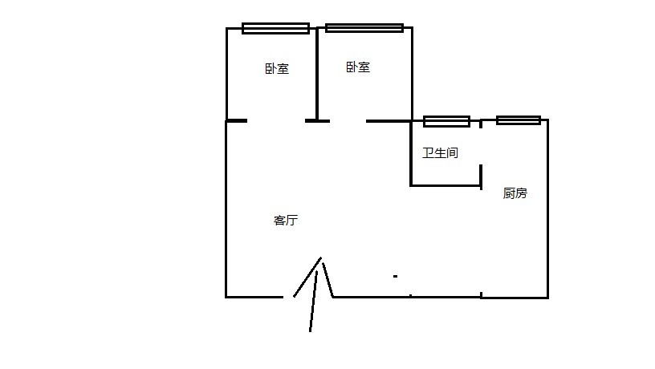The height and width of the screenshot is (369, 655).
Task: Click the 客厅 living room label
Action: click(286, 221)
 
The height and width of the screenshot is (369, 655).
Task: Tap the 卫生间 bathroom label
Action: click(440, 152)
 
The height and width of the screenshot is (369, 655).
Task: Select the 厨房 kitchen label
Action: click(515, 193)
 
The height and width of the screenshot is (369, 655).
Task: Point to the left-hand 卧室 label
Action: click(276, 69)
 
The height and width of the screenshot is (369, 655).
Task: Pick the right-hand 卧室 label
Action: click(358, 67)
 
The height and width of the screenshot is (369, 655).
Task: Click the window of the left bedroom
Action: click(275, 28)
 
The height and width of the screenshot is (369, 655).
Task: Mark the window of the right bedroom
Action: click(364, 28)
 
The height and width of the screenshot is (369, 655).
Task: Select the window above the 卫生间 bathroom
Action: click(446, 121)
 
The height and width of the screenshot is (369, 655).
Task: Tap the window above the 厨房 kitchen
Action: click(518, 120)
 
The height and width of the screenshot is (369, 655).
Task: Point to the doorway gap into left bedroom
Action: click(276, 121)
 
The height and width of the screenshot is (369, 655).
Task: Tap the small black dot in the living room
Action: click(395, 277)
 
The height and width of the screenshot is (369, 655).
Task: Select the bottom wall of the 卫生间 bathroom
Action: click(445, 185)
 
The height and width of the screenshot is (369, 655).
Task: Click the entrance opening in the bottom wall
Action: click(308, 297)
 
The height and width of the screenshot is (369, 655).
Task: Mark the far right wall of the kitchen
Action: click(547, 209)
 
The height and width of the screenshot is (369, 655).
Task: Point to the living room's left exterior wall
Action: click(226, 209)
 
